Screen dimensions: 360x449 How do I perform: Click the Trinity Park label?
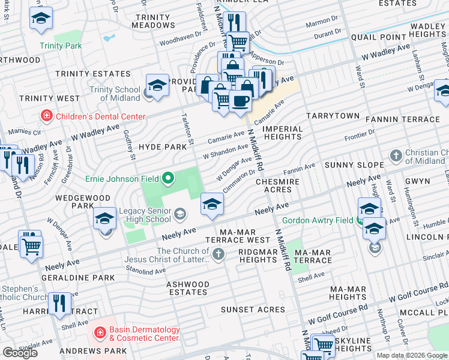[x=60, y=46]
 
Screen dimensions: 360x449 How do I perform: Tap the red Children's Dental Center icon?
[x=46, y=116]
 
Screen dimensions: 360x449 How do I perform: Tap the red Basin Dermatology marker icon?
[x=100, y=332]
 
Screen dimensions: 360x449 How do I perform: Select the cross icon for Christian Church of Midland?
[x=396, y=157]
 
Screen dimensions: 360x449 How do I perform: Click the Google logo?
[x=20, y=352]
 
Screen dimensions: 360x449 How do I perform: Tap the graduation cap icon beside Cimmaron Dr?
[x=212, y=204]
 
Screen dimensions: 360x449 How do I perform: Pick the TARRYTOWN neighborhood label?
[x=333, y=115]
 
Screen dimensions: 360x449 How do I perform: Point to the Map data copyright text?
[x=412, y=355]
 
